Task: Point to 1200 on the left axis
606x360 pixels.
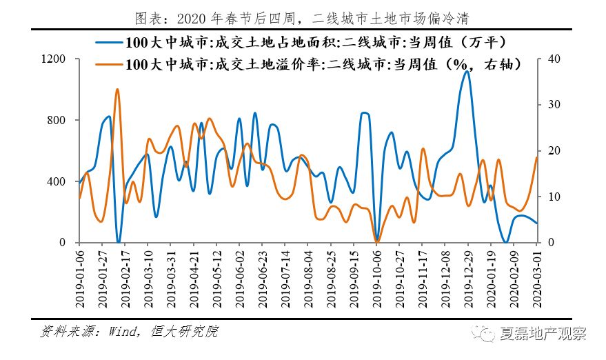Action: coord(54,59)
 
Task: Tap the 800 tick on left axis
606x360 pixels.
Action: coord(57,121)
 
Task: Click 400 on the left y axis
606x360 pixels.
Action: coord(57,181)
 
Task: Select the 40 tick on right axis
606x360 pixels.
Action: coord(549,59)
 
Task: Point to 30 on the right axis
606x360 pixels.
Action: coord(549,105)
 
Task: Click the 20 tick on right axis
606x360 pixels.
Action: coord(549,151)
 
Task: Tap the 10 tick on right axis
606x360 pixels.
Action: coord(549,197)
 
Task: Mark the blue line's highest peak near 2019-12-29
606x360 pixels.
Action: coord(467,71)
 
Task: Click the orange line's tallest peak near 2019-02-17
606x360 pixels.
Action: coord(117,89)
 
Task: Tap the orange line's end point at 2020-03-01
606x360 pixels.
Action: coord(536,157)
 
